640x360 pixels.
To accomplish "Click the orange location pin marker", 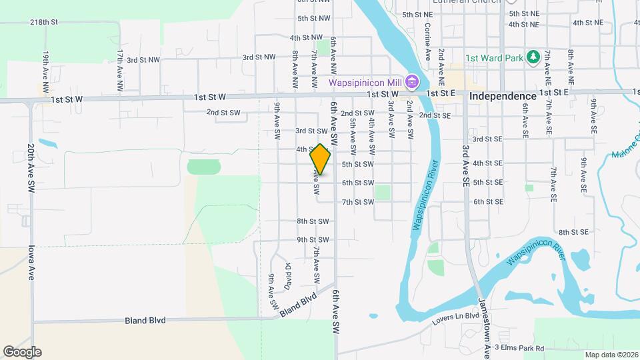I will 321,159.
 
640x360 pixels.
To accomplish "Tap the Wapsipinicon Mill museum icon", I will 412,83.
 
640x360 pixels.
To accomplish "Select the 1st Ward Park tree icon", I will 532,57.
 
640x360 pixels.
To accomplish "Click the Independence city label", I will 503,97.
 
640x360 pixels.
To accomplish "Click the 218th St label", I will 44,22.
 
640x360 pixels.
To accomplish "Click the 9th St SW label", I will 313,240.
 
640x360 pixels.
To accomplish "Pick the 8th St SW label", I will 313,221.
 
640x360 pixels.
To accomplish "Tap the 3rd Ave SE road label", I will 465,160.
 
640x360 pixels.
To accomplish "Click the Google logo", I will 22,351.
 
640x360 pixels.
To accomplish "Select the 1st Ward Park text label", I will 493,58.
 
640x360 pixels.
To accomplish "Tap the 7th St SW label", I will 358,202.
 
